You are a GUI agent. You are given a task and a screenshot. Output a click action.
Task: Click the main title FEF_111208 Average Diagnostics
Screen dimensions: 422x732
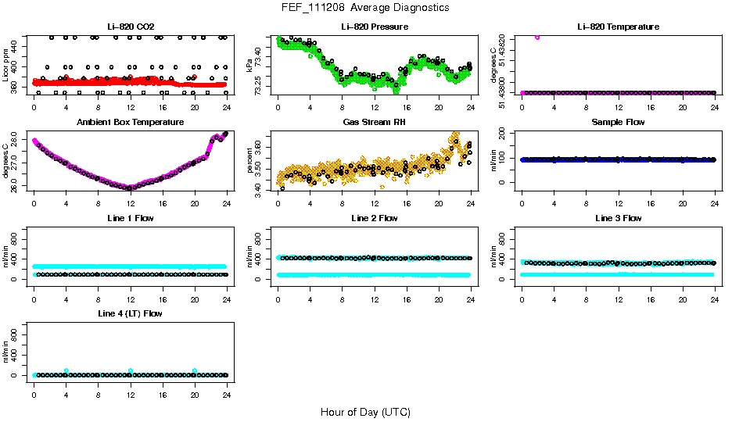tap(366, 7)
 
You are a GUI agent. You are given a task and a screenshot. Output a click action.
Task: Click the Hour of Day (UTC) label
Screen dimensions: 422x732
tap(365, 412)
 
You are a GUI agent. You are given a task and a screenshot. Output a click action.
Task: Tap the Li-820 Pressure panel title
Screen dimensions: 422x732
tap(374, 27)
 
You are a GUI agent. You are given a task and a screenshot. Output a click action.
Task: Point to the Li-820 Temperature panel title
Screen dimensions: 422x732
tap(618, 27)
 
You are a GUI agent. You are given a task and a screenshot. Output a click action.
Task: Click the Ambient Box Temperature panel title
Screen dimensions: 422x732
tap(130, 123)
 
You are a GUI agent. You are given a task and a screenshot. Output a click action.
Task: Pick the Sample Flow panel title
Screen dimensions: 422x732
tap(618, 123)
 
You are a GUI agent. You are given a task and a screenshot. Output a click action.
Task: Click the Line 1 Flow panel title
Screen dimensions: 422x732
tap(130, 218)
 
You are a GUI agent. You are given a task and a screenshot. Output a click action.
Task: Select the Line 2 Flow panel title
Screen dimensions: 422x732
tap(374, 218)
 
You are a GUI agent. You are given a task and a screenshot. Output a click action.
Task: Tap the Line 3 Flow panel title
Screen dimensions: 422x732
tap(618, 218)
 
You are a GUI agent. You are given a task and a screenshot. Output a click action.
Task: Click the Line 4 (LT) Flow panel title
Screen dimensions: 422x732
tap(130, 313)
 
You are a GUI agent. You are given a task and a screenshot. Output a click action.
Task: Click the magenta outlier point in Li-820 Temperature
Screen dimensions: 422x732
tap(536, 37)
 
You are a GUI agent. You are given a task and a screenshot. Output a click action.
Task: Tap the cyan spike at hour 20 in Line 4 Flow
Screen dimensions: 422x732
tap(195, 371)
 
